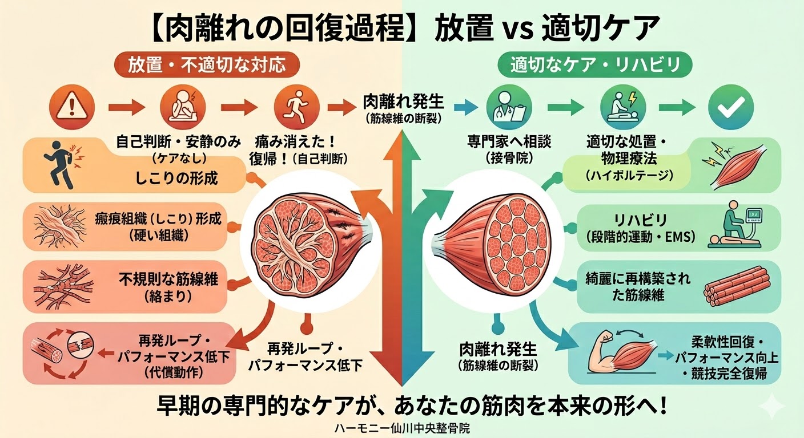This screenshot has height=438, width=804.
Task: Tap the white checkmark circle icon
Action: [x=730, y=107]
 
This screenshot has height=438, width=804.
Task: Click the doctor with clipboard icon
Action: [x=508, y=107]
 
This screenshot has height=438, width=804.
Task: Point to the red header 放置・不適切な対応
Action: [x=207, y=66]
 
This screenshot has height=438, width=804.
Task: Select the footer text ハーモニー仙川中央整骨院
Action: [x=402, y=428]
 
